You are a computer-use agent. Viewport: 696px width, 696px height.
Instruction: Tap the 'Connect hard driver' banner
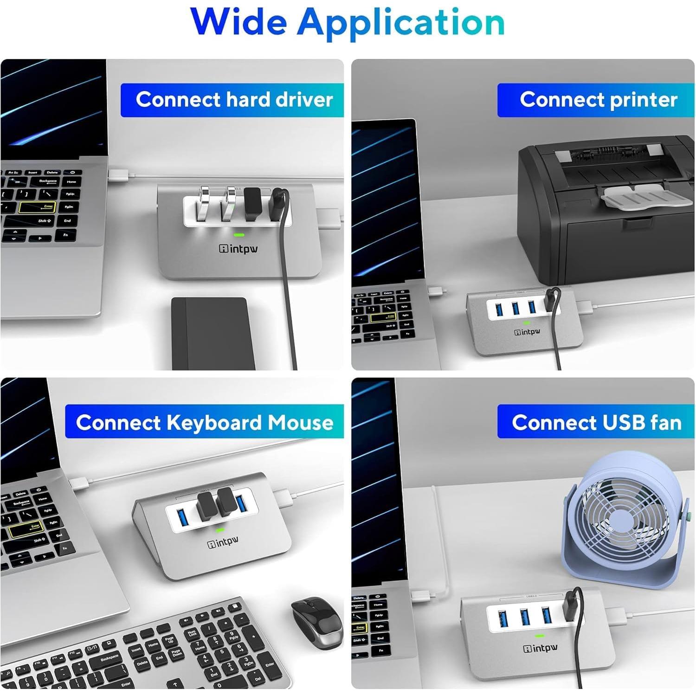click(232, 100)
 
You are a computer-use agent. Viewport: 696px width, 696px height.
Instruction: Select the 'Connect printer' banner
click(596, 100)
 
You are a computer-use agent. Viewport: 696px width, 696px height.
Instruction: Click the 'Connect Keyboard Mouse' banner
click(204, 422)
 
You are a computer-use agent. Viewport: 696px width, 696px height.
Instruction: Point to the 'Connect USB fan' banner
click(596, 422)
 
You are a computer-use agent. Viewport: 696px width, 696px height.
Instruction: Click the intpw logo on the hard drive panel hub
click(238, 249)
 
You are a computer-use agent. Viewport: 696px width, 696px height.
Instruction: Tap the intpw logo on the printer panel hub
click(527, 332)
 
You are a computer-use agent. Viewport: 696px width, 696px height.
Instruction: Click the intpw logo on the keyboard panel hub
click(223, 542)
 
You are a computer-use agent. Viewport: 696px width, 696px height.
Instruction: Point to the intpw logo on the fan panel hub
click(541, 648)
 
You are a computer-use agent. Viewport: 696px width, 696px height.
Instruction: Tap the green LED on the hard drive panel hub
click(239, 235)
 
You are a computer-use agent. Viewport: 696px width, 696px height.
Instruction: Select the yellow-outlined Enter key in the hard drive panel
click(37, 207)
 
